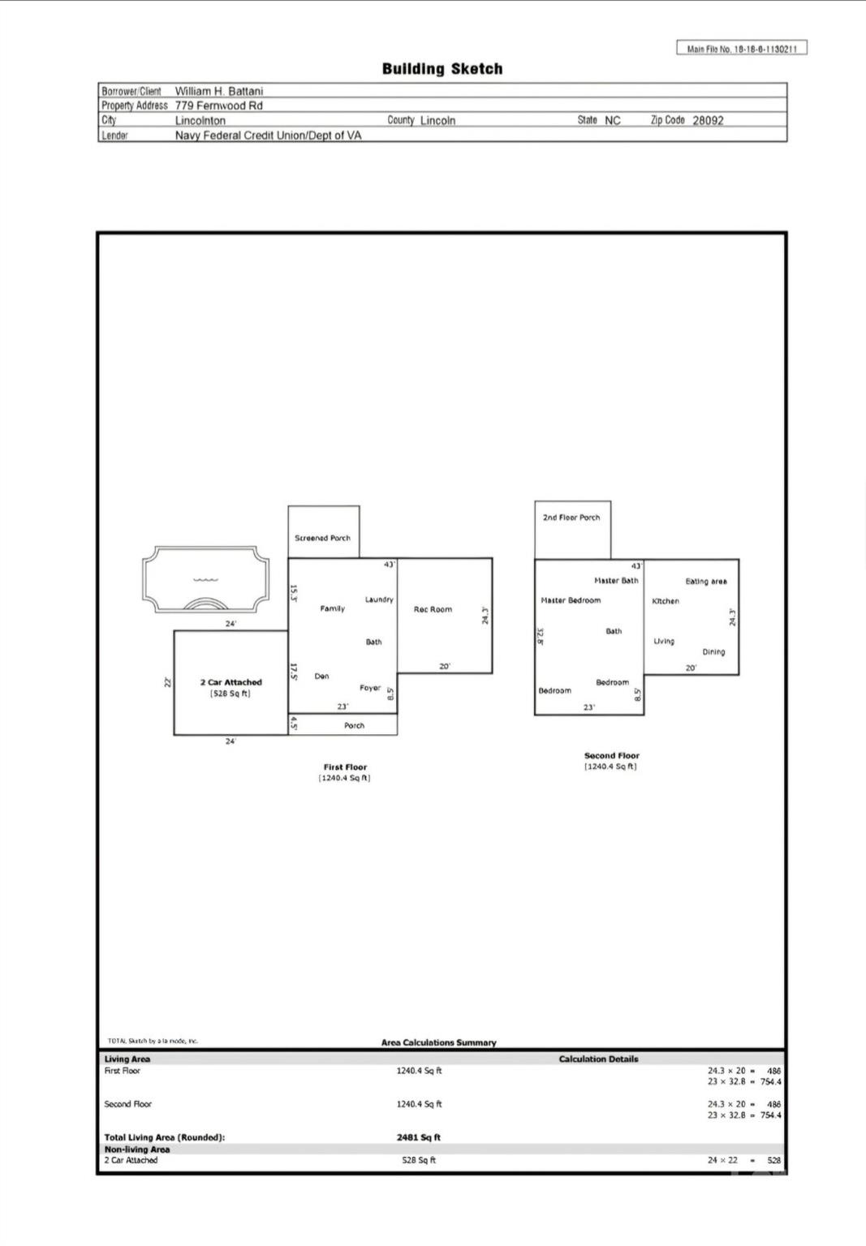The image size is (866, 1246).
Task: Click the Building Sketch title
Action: tap(442, 69)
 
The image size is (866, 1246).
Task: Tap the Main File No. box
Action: tap(742, 49)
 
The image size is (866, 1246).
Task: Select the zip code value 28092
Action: tap(708, 120)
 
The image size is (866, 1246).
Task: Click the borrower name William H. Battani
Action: tap(219, 91)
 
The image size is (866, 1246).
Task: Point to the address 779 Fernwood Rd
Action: tap(218, 105)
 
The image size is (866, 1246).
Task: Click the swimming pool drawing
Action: tap(205, 579)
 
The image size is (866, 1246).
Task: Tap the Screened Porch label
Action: tap(323, 538)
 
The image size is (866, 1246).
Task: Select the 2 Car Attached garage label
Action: tap(231, 682)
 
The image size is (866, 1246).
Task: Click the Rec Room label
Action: tap(433, 609)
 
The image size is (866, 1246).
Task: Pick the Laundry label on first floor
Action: tap(379, 599)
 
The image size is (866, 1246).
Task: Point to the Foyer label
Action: tap(370, 688)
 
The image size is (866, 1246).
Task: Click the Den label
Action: tap(321, 677)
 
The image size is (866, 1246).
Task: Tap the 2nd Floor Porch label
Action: tap(571, 518)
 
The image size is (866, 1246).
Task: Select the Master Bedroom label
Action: tap(571, 600)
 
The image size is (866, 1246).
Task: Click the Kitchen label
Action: tap(666, 601)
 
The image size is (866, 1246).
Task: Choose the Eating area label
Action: tap(706, 582)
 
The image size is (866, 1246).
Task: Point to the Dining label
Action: tap(713, 652)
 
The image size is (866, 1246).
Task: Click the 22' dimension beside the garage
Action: tap(167, 682)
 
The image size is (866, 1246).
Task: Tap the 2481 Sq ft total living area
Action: tap(419, 1137)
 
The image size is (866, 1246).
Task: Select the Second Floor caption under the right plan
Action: tap(612, 755)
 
